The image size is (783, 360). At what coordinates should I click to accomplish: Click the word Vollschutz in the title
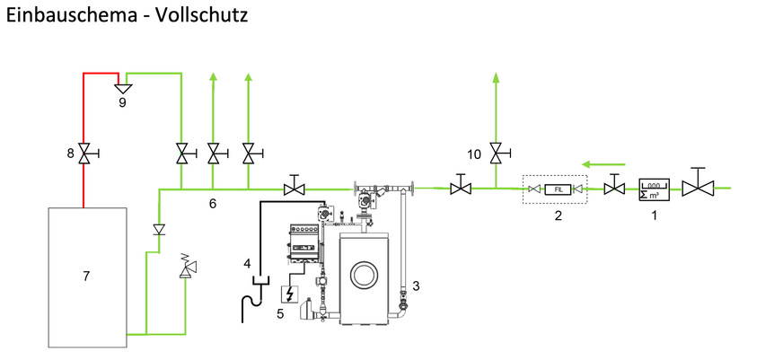pyautogui.click(x=200, y=15)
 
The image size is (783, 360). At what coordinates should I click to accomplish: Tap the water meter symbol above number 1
pyautogui.click(x=654, y=189)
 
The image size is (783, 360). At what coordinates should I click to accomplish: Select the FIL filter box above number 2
pyautogui.click(x=558, y=189)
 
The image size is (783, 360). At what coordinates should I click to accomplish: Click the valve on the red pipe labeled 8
pyautogui.click(x=84, y=154)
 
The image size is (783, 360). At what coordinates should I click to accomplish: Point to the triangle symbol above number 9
pyautogui.click(x=122, y=88)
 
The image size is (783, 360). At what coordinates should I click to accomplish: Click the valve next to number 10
pyautogui.click(x=496, y=154)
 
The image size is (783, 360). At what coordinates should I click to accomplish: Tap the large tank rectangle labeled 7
pyautogui.click(x=86, y=277)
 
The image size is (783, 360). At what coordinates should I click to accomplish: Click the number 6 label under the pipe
pyautogui.click(x=213, y=205)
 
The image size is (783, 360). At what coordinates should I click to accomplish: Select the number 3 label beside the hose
pyautogui.click(x=416, y=286)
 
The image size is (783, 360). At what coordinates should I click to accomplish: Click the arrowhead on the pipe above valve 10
pyautogui.click(x=496, y=79)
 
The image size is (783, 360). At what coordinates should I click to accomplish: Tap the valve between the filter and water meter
pyautogui.click(x=614, y=188)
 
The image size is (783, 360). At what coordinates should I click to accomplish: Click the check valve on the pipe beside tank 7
pyautogui.click(x=160, y=230)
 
